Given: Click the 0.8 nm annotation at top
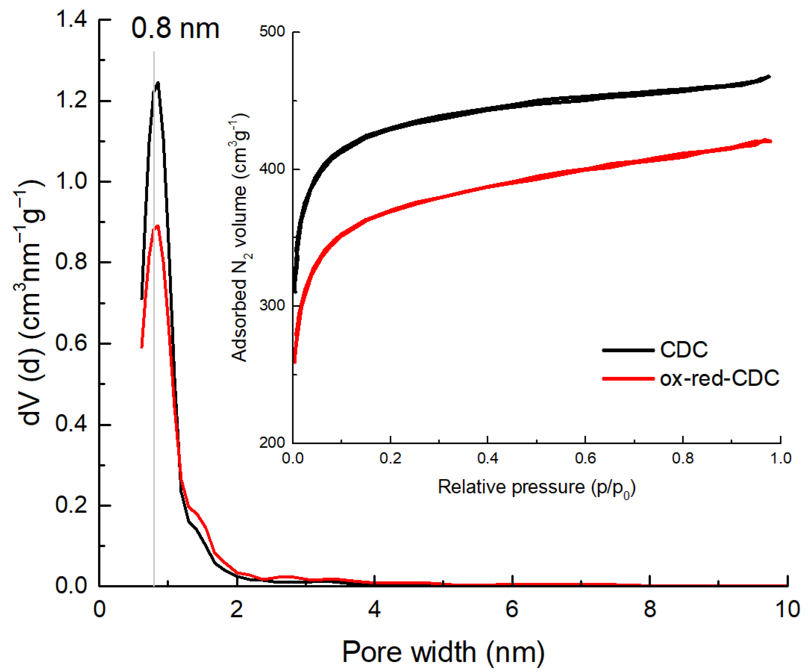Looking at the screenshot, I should [175, 29].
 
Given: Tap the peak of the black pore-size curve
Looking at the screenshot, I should [157, 83].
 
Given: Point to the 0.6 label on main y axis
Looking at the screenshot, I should [71, 343].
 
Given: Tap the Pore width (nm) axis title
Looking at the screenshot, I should [443, 651].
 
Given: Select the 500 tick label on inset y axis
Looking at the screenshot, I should [272, 31].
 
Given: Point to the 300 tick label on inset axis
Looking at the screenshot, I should [272, 305].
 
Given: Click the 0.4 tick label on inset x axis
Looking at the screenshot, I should [488, 458].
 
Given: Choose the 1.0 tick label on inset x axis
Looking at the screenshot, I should [780, 458].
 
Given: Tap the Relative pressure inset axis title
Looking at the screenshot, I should [536, 487].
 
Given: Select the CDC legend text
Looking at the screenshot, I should [684, 350].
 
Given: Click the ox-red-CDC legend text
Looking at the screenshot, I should [719, 378].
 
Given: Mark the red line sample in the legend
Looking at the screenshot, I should [628, 379].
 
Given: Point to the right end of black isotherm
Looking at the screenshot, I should [769, 76].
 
